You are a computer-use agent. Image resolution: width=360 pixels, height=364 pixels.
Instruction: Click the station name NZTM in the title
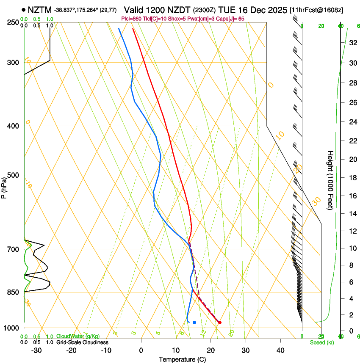point(39,10)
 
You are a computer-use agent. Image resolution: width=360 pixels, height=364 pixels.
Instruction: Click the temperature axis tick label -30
point(36,350)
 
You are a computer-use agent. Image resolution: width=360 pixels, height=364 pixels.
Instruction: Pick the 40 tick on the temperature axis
point(280,350)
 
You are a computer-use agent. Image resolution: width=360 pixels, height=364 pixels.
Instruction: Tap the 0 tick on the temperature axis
point(141,350)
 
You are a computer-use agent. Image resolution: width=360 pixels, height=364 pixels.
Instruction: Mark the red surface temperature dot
point(219,323)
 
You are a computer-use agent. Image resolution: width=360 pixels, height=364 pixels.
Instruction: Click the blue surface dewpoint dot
point(194,323)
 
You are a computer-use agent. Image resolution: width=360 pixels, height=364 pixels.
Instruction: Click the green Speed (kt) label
point(321,342)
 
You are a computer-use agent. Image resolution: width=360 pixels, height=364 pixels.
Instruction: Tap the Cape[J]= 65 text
point(231,19)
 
